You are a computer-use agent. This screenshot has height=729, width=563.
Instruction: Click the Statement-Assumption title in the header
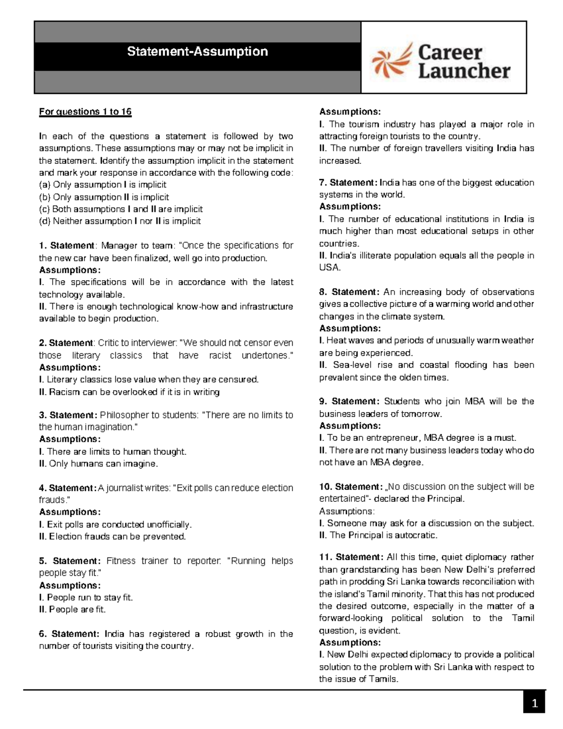(x=198, y=51)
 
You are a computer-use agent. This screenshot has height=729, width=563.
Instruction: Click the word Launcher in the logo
(x=464, y=71)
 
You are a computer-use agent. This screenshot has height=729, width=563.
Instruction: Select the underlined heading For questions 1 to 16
(x=85, y=112)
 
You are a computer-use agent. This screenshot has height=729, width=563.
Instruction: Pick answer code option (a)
(x=102, y=184)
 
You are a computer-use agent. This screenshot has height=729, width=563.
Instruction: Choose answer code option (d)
(x=119, y=221)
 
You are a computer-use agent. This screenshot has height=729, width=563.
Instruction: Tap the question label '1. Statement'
(x=67, y=246)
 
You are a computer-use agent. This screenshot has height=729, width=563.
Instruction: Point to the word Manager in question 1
(x=117, y=246)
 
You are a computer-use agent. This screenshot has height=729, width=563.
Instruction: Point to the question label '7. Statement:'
(x=348, y=182)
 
